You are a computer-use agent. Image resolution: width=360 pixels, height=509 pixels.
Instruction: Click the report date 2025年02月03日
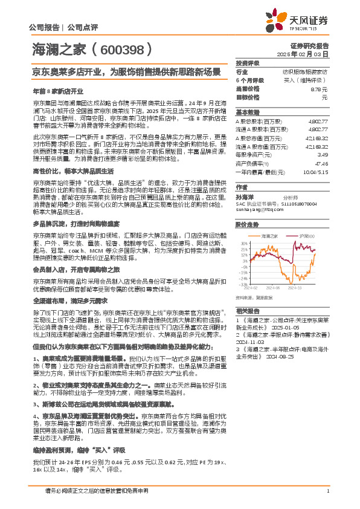(x=309, y=54)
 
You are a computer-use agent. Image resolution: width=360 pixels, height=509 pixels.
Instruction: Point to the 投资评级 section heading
(x=247, y=63)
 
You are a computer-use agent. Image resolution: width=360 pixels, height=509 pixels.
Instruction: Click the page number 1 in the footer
(x=327, y=490)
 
